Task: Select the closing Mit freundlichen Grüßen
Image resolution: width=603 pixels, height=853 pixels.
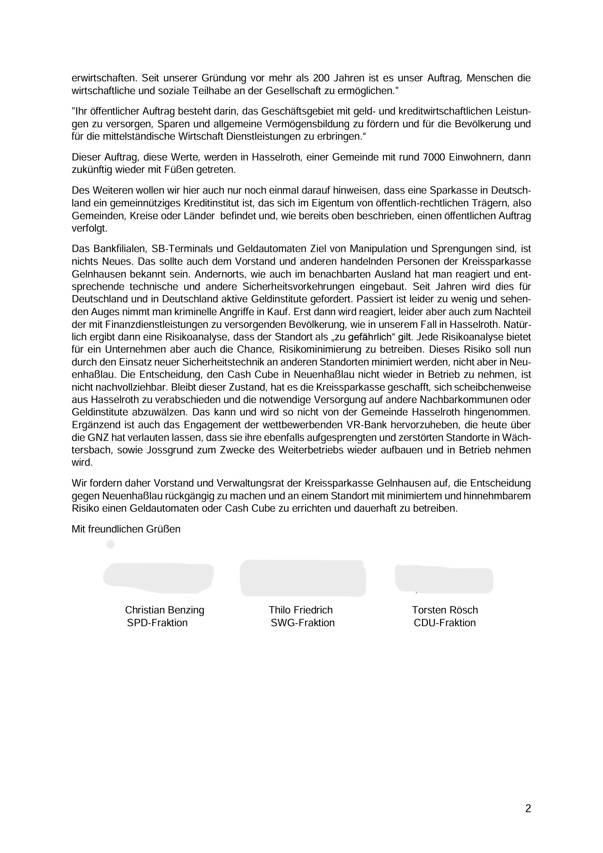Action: point(126,529)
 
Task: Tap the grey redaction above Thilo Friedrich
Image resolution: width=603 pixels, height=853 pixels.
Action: point(303,578)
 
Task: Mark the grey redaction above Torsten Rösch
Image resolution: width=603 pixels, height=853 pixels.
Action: point(444,579)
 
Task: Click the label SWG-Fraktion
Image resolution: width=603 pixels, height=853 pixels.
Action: point(303,623)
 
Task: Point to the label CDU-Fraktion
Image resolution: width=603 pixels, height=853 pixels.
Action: point(444,623)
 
